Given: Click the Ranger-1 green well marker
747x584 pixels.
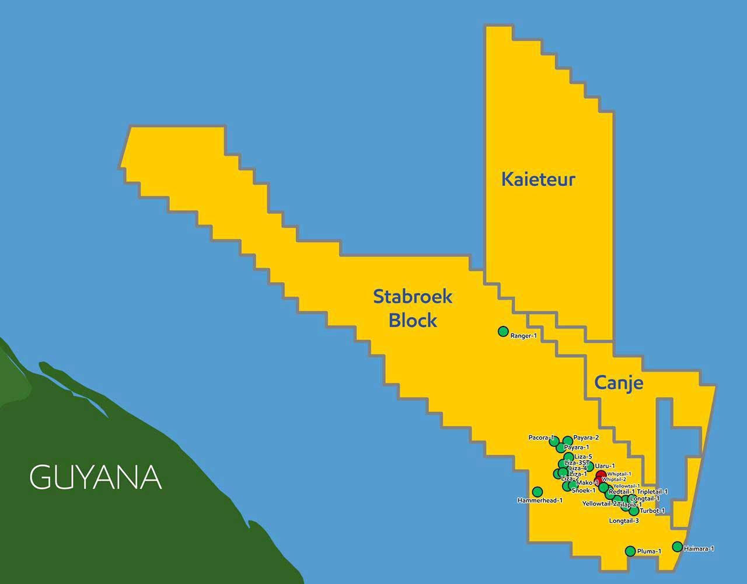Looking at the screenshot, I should point(503,332).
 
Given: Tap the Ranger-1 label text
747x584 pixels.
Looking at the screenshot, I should point(523,336).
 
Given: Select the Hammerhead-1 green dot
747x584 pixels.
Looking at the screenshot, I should point(537,492).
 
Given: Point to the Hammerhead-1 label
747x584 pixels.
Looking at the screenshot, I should point(540,500).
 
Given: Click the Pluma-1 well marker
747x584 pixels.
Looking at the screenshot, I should point(630,551).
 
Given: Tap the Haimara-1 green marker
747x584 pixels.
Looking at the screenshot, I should point(677,547).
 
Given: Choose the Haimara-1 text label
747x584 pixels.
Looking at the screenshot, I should point(699,549).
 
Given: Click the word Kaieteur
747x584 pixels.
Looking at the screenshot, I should point(538,179).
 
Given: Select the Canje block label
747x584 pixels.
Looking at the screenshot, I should point(619,383).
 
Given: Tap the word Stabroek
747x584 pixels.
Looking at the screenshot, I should point(413,297).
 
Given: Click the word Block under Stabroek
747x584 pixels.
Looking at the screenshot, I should point(413,320).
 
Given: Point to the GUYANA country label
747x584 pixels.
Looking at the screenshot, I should point(95,477).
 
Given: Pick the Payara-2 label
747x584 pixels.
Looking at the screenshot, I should point(586,437).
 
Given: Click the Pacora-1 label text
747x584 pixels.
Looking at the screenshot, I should point(541,437).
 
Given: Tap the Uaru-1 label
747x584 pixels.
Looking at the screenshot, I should point(605,466).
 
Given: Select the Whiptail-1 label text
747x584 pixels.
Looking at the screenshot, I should point(619,474).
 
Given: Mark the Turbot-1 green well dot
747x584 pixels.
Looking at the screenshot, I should point(634,511).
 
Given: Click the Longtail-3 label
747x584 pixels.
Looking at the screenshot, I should point(624,520).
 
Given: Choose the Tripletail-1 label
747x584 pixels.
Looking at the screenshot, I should point(652,492).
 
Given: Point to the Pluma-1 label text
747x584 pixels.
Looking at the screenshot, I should point(649,551).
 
